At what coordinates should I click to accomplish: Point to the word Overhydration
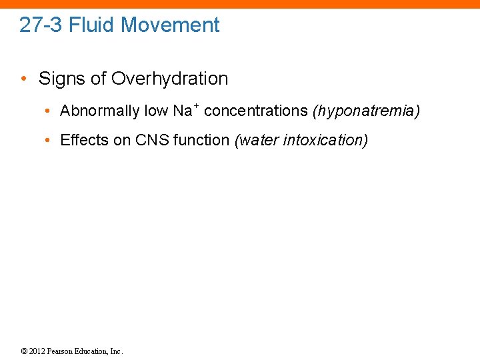(x=169, y=79)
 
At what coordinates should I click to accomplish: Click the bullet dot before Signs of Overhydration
(x=24, y=79)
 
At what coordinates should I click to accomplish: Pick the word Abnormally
(x=99, y=111)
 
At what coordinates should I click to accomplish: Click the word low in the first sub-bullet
(x=156, y=111)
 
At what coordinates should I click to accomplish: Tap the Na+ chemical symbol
(x=185, y=110)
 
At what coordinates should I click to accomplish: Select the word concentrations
(x=256, y=111)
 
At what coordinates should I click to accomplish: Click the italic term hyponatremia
(x=366, y=111)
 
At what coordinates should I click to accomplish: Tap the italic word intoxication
(x=327, y=140)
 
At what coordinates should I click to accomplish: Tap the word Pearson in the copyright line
(x=65, y=351)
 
